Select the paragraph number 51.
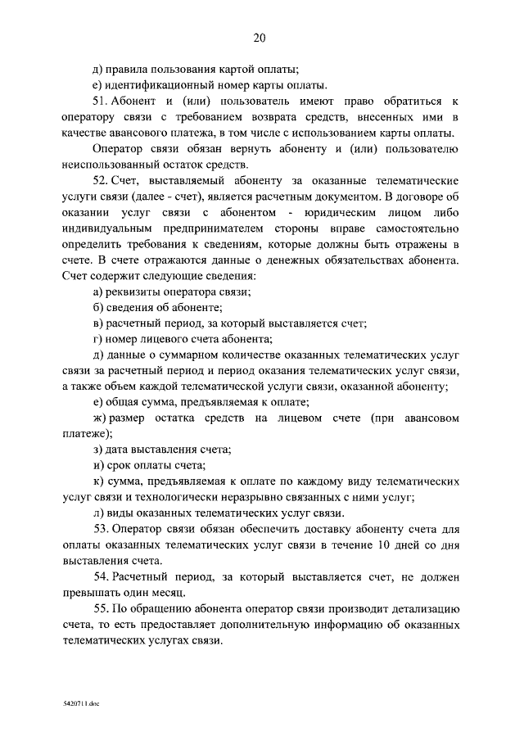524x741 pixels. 102,101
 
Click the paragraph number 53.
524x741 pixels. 102,529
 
